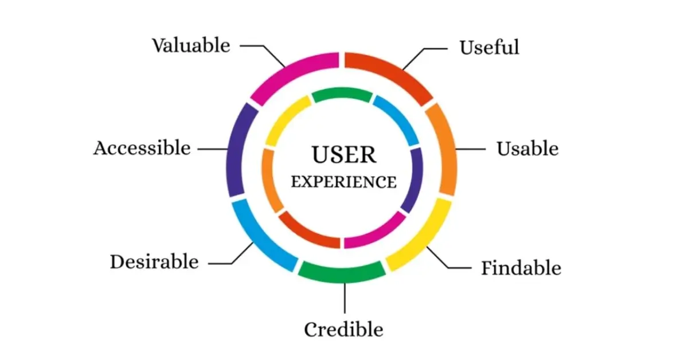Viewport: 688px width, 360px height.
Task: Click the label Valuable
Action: click(x=191, y=45)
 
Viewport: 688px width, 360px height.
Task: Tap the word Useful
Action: click(x=489, y=47)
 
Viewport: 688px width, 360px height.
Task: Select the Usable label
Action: click(x=527, y=149)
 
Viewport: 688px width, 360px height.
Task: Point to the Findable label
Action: click(x=521, y=268)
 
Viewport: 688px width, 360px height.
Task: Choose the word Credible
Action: click(x=343, y=330)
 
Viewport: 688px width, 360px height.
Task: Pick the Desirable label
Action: click(x=154, y=262)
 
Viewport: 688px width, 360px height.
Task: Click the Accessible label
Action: click(x=142, y=148)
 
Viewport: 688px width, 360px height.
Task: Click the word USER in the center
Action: click(x=343, y=155)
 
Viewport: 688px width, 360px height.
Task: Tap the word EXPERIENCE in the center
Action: click(x=343, y=182)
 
